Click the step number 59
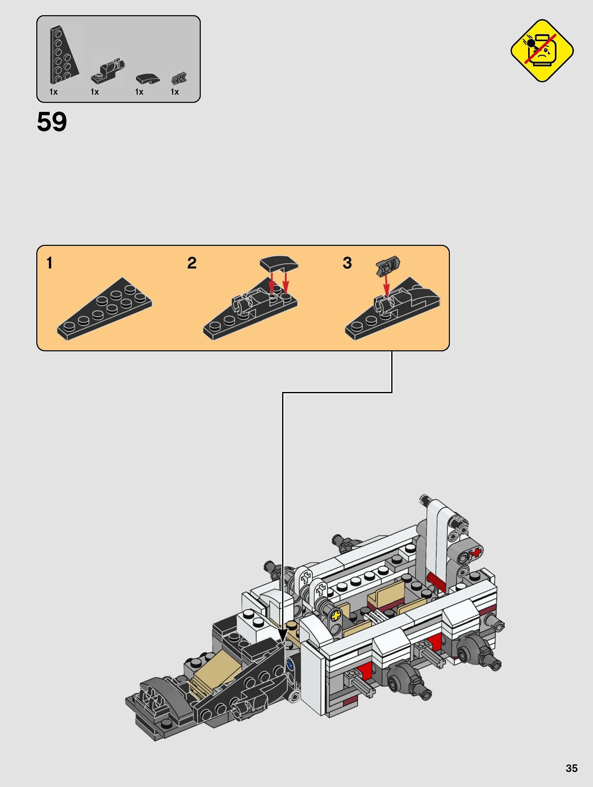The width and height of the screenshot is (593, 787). pos(52,122)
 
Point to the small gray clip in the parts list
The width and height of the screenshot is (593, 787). pos(179,78)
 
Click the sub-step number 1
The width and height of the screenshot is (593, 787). pos(49,264)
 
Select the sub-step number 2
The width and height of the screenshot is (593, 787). pos(192,264)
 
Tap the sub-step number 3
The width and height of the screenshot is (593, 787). pos(347,264)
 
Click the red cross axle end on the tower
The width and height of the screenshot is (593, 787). pos(475,552)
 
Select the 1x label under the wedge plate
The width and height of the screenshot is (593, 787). pos(53,92)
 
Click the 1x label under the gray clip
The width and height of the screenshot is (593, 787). pos(175,92)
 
